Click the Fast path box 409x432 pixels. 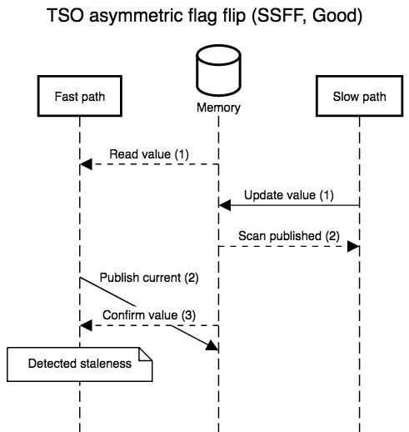[x=80, y=96]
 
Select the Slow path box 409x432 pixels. [x=359, y=96]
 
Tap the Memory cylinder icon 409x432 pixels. [x=218, y=70]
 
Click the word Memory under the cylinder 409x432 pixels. [x=218, y=108]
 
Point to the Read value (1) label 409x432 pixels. [x=149, y=154]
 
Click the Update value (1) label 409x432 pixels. [x=289, y=195]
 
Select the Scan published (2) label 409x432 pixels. [x=289, y=236]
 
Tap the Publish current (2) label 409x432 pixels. [x=149, y=278]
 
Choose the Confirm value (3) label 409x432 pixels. [x=149, y=315]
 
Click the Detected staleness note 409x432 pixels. [x=80, y=364]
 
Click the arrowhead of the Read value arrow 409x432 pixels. [x=86, y=164]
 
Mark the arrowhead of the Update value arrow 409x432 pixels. [x=224, y=205]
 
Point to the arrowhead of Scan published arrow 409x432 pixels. [x=353, y=246]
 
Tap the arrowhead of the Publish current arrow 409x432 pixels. [x=212, y=345]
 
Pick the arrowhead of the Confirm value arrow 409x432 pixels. [x=86, y=325]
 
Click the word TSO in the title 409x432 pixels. [x=65, y=15]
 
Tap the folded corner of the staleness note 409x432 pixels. [x=146, y=354]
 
